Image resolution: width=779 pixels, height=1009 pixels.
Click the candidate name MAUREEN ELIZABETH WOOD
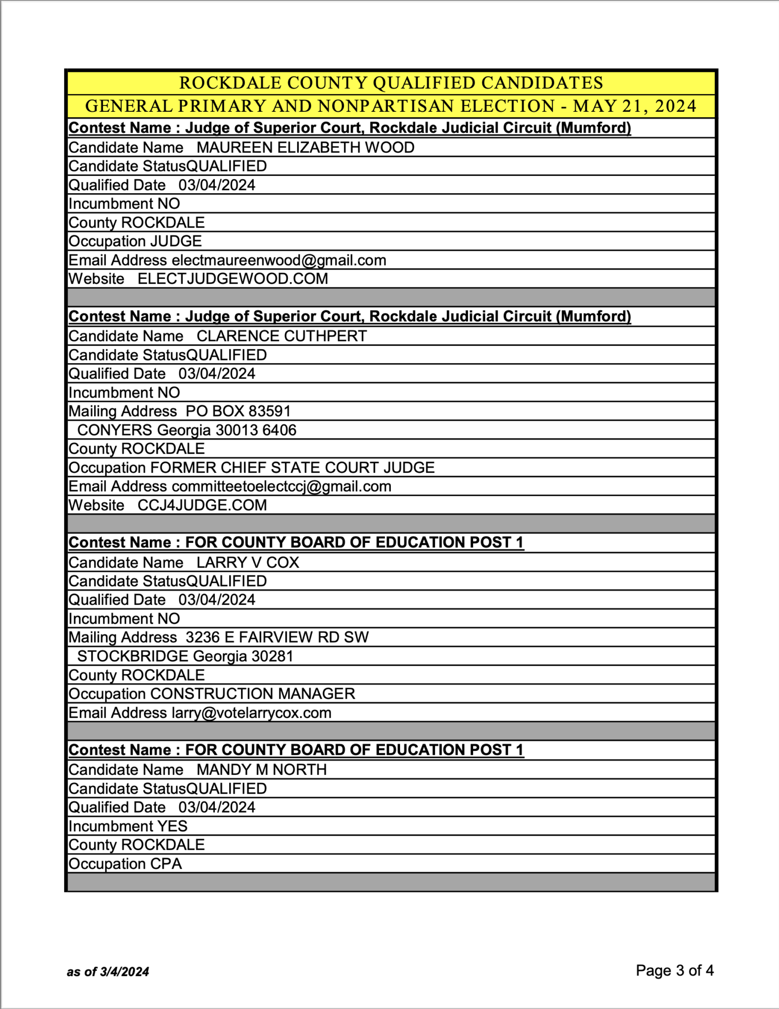[x=305, y=147]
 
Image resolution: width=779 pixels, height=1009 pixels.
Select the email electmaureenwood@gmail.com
[x=279, y=260]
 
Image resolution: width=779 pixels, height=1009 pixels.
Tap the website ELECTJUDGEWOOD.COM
[x=233, y=279]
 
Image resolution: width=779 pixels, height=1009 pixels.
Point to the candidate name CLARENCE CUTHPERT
[x=282, y=336]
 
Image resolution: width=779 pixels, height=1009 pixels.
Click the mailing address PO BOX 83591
[x=238, y=411]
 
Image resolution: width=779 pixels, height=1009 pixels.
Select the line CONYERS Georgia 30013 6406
[x=187, y=430]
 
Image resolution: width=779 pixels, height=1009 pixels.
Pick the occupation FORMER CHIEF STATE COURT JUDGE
[x=292, y=468]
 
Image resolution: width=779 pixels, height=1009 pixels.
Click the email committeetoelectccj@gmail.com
[x=281, y=487]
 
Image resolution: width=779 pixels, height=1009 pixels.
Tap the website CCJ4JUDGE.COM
[x=202, y=505]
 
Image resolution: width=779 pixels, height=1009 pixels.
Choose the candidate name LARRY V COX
[x=248, y=563]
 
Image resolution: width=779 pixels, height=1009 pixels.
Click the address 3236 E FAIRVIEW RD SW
[x=277, y=638]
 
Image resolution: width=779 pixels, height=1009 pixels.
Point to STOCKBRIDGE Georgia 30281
[x=185, y=656]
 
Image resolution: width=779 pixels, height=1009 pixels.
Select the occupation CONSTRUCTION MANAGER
[x=252, y=694]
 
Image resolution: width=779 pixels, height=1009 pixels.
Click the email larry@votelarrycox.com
[x=251, y=713]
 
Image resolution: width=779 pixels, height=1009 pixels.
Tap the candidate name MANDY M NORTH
[x=262, y=770]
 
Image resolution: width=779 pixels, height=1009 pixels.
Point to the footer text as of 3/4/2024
[x=108, y=972]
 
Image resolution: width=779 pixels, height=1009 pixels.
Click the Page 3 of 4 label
[x=675, y=971]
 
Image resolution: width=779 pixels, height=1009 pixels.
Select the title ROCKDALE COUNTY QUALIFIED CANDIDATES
[x=391, y=83]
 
